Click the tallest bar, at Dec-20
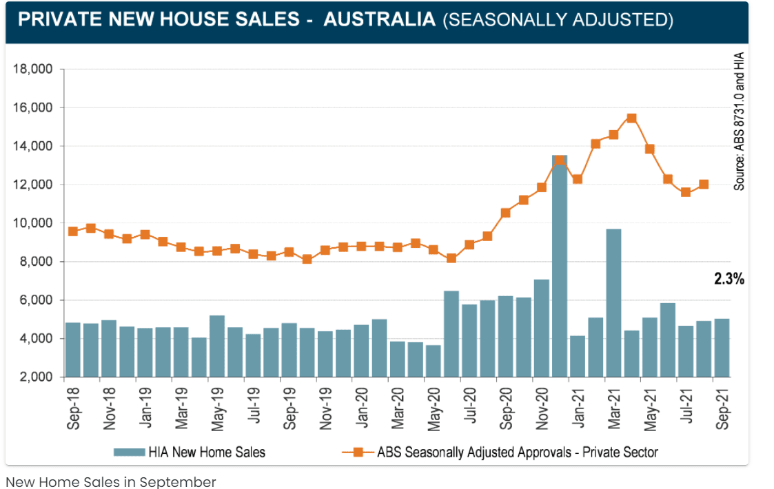pyautogui.click(x=560, y=269)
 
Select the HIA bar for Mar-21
pyautogui.click(x=613, y=303)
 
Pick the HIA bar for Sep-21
pyautogui.click(x=721, y=348)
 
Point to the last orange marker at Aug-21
pyautogui.click(x=704, y=185)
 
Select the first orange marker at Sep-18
pyautogui.click(x=73, y=231)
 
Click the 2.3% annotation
pyautogui.click(x=729, y=279)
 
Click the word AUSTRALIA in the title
pyautogui.click(x=379, y=19)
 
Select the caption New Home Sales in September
pyautogui.click(x=111, y=481)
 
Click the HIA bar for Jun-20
pyautogui.click(x=451, y=334)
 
